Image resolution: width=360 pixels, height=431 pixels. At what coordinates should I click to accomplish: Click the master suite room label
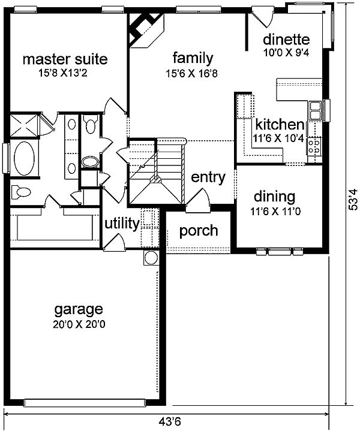[x=65, y=59]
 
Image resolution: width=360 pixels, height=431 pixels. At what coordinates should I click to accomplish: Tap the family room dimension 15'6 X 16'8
[x=191, y=73]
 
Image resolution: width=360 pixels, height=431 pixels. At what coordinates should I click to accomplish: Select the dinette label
[x=286, y=40]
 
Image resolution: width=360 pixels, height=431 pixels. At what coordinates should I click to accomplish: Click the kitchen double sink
[x=315, y=110]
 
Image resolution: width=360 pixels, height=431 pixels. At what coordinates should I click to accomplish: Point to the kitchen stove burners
[x=314, y=146]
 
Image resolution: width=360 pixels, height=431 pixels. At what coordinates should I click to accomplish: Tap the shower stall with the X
[x=23, y=126]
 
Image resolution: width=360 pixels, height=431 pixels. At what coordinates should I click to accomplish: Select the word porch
[x=199, y=231]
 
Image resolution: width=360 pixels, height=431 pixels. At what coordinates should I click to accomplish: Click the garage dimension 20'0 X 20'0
[x=79, y=325]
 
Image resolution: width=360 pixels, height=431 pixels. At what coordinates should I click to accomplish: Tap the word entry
[x=208, y=177]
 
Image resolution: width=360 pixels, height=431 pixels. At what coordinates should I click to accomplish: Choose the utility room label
[x=122, y=224]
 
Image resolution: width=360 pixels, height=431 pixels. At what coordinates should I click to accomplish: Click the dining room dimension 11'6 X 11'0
[x=275, y=212]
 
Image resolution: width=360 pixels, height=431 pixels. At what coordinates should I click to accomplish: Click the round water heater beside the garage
[x=151, y=258]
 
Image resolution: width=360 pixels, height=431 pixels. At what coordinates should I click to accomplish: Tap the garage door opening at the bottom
[x=85, y=403]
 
